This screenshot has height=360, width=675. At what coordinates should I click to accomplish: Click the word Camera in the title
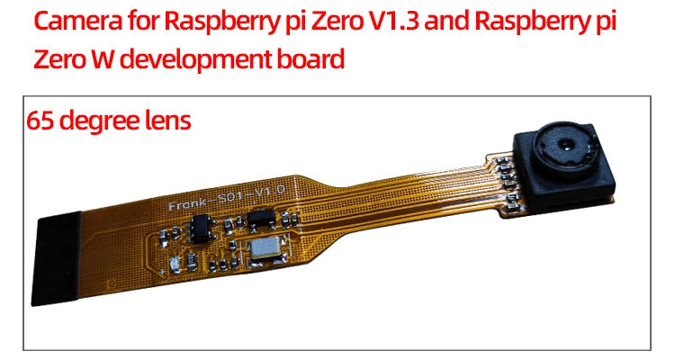[x=78, y=21]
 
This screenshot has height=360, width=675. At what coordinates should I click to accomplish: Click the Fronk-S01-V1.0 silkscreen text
[x=227, y=198]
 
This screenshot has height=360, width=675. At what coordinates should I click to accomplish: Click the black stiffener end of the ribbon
[x=57, y=258]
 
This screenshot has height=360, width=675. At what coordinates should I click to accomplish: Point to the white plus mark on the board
[x=162, y=272]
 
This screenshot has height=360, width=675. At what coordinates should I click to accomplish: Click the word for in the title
[x=144, y=20]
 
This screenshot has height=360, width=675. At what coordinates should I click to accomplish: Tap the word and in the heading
[x=446, y=20]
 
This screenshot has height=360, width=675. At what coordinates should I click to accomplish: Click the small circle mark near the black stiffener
[x=112, y=283]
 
